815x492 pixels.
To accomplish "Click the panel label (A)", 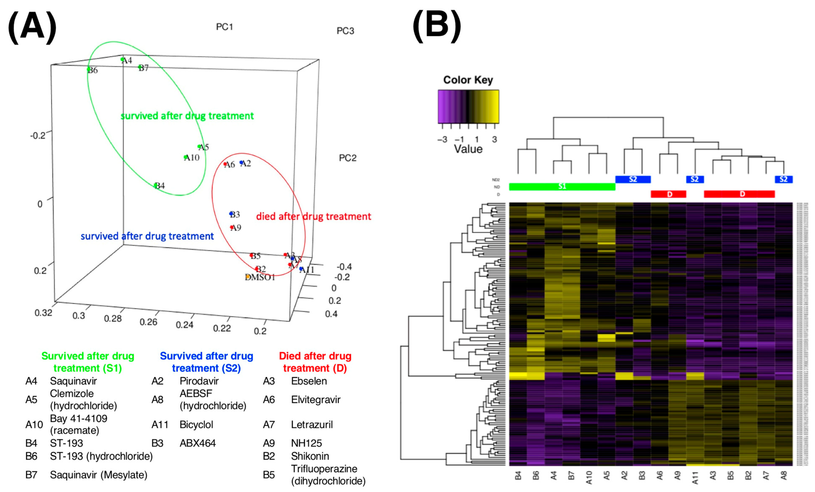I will pyautogui.click(x=32, y=27).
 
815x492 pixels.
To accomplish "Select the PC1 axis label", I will pyautogui.click(x=225, y=27).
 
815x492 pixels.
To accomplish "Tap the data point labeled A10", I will pyautogui.click(x=186, y=157).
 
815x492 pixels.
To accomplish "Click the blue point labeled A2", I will pyautogui.click(x=241, y=162).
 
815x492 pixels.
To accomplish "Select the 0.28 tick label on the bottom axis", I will pyautogui.click(x=113, y=318).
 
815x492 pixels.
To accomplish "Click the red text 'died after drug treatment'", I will pyautogui.click(x=314, y=217).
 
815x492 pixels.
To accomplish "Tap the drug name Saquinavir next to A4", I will pyautogui.click(x=73, y=381).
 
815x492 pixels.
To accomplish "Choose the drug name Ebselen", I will pyautogui.click(x=309, y=381).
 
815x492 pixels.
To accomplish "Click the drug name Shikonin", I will pyautogui.click(x=310, y=456).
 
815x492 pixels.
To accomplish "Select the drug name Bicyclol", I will pyautogui.click(x=196, y=424).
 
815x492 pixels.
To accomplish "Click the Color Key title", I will pyautogui.click(x=468, y=80).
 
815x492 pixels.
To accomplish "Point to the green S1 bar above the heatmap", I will pyautogui.click(x=562, y=187).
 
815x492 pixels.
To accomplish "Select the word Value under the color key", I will pyautogui.click(x=468, y=149).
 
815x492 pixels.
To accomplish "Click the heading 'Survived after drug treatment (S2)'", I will pyautogui.click(x=206, y=362).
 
